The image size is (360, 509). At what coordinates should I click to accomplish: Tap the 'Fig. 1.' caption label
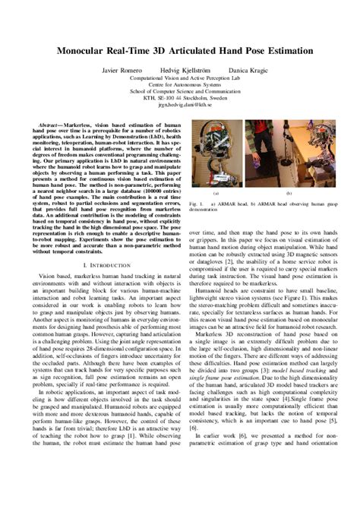[x=196, y=204]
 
